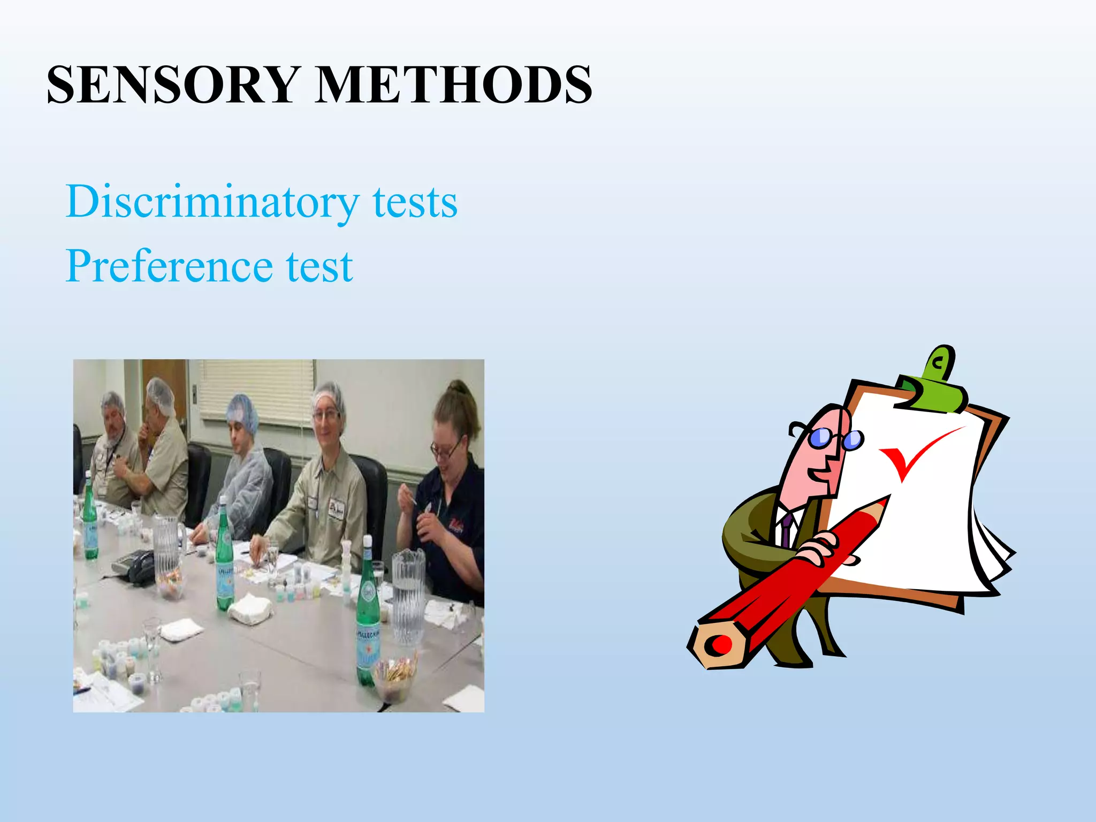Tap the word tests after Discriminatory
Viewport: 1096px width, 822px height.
click(415, 202)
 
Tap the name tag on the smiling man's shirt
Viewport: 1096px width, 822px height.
click(336, 508)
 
